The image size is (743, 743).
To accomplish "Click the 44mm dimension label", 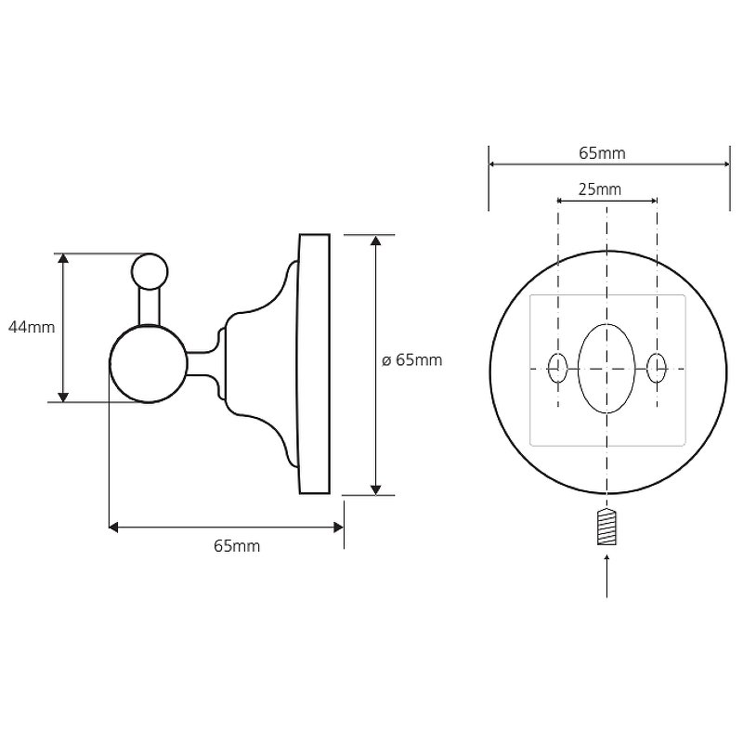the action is pyautogui.click(x=32, y=327).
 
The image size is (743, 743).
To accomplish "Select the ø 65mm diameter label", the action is pyautogui.click(x=411, y=360).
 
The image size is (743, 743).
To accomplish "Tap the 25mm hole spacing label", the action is pyautogui.click(x=599, y=189).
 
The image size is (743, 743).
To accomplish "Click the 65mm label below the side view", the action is pyautogui.click(x=237, y=546).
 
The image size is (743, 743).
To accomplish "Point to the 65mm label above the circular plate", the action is pyautogui.click(x=602, y=153).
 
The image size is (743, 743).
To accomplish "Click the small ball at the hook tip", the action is pyautogui.click(x=150, y=271).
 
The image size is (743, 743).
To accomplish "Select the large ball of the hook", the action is pyautogui.click(x=149, y=363).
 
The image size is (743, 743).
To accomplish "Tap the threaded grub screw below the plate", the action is pyautogui.click(x=607, y=527).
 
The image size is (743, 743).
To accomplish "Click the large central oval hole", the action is pyautogui.click(x=606, y=368).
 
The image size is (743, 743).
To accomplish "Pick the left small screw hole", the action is pyautogui.click(x=558, y=368).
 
